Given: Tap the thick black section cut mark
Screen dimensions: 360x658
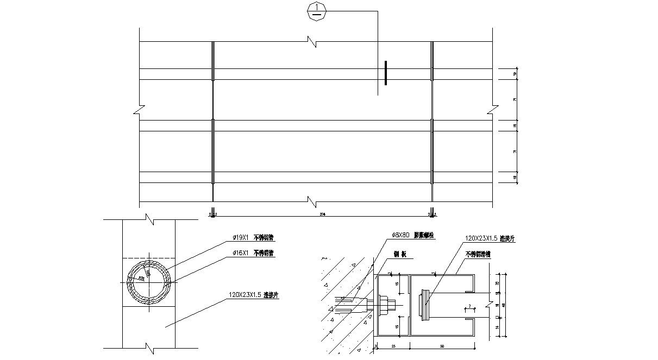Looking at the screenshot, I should [385, 73].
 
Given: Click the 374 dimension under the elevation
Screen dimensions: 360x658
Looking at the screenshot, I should [323, 214].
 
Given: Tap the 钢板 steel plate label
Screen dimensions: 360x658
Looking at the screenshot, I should [400, 254].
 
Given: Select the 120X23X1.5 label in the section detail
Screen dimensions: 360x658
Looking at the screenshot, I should [490, 238].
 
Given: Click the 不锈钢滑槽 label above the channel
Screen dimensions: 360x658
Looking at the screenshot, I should [478, 254].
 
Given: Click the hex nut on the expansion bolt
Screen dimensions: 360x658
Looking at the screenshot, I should [384, 305].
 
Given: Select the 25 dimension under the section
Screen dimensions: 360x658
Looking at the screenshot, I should [393, 345].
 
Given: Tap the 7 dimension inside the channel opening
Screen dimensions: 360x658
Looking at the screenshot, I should [469, 307].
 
